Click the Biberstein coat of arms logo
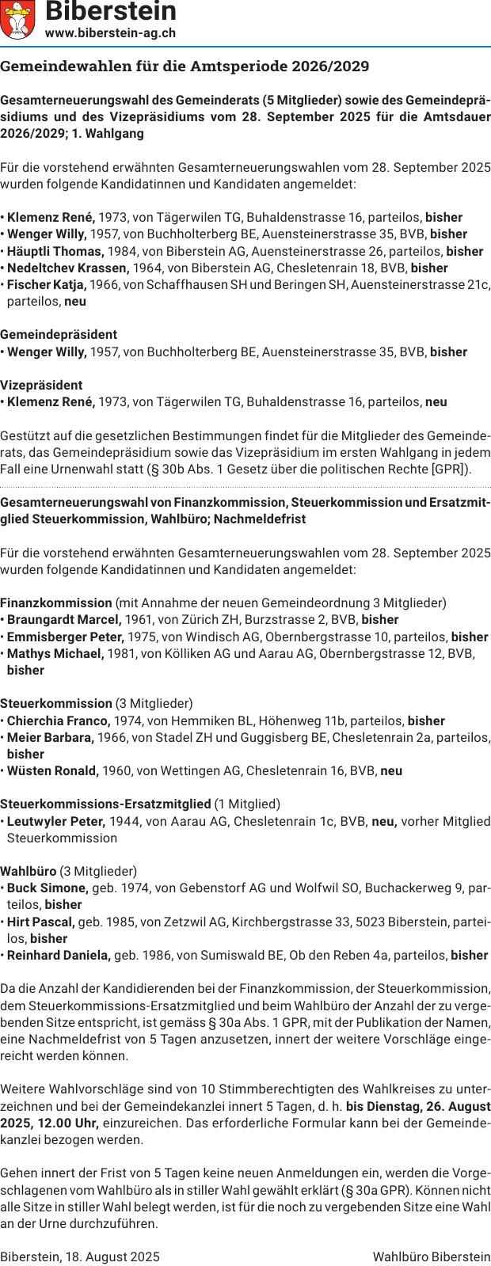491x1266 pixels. tap(18, 20)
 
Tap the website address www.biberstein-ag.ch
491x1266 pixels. tap(110, 33)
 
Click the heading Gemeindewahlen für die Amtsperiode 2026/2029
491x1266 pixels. tap(185, 67)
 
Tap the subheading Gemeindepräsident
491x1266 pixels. tap(59, 334)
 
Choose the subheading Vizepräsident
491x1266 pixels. tap(41, 385)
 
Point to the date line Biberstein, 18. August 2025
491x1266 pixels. tap(80, 1256)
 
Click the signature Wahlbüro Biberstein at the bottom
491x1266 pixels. tap(432, 1256)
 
